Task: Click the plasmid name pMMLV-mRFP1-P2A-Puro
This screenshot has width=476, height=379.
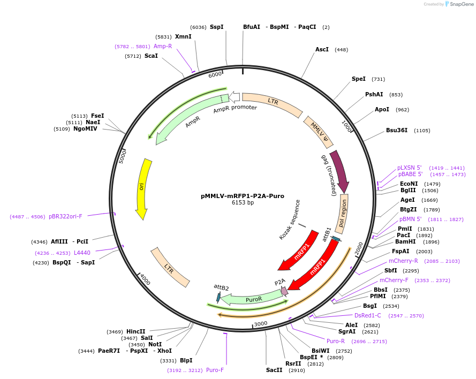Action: pyautogui.click(x=243, y=196)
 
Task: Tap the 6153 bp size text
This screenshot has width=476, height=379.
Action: pyautogui.click(x=243, y=203)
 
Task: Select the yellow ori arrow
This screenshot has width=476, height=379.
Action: pyautogui.click(x=143, y=187)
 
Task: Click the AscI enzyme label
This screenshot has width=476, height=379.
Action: pyautogui.click(x=322, y=49)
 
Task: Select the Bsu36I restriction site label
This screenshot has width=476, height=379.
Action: pyautogui.click(x=397, y=130)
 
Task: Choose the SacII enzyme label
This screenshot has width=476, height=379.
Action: pyautogui.click(x=274, y=370)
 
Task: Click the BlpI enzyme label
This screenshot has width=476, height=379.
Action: pyautogui.click(x=186, y=360)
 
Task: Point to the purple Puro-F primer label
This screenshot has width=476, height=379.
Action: pyautogui.click(x=215, y=370)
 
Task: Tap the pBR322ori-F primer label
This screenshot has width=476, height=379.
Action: pyautogui.click(x=65, y=216)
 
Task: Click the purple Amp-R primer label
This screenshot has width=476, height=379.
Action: pyautogui.click(x=163, y=46)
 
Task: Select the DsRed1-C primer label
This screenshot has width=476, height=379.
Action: pyautogui.click(x=368, y=315)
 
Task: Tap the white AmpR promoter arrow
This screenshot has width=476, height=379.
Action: pyautogui.click(x=235, y=97)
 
